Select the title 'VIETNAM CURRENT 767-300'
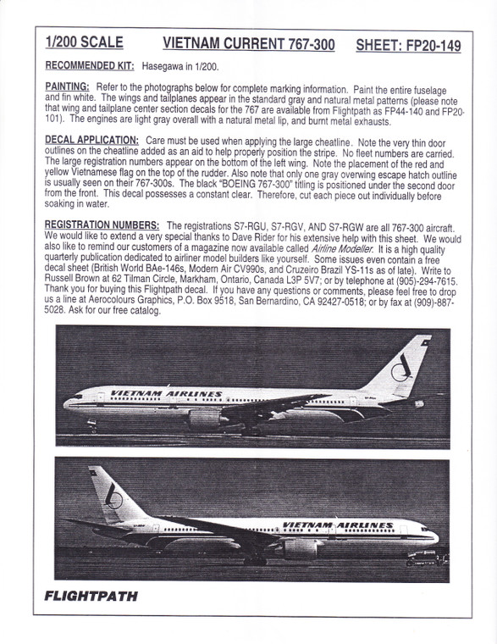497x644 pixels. tap(242, 44)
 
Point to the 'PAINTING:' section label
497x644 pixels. tap(66, 87)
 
